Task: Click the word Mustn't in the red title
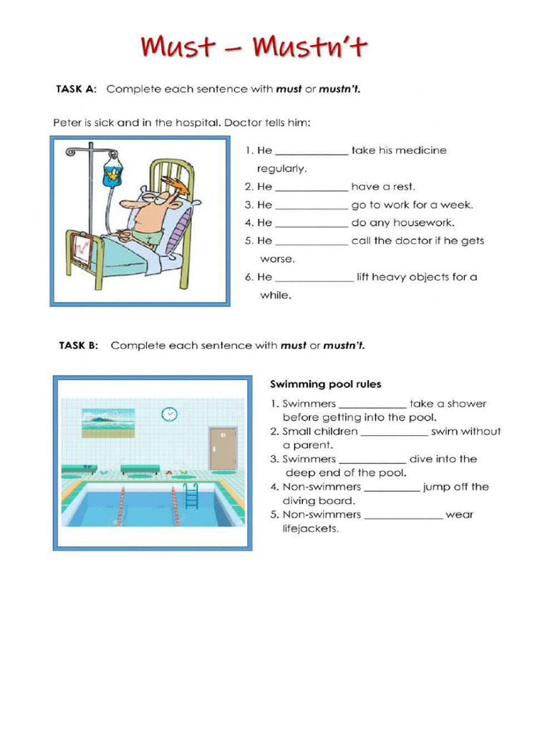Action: [x=311, y=47]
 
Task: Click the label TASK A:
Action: [x=77, y=89]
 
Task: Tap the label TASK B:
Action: [x=78, y=346]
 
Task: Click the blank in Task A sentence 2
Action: [x=312, y=188]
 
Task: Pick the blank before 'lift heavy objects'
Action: [x=314, y=278]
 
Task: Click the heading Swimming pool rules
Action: [x=325, y=384]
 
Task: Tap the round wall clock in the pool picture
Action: [x=169, y=414]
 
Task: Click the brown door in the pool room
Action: [x=223, y=448]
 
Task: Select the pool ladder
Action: [x=191, y=495]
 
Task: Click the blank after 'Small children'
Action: [x=394, y=432]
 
